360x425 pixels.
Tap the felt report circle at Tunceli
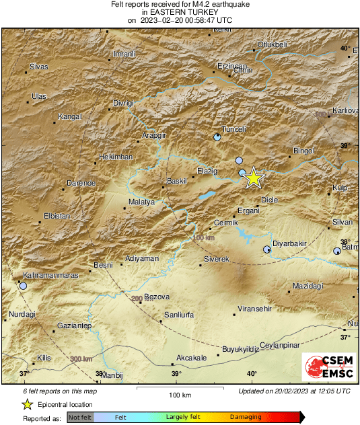click(x=217, y=137)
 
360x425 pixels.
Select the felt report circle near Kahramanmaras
click(x=23, y=286)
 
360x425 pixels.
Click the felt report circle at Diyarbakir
click(x=267, y=249)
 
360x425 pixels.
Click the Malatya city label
click(x=141, y=202)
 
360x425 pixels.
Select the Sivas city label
click(x=39, y=67)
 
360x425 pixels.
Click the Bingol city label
click(x=304, y=151)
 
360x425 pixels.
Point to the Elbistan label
click(x=57, y=216)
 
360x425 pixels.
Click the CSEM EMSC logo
click(x=325, y=369)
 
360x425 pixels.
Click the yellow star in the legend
click(x=27, y=404)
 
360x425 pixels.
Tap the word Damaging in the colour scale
click(x=246, y=417)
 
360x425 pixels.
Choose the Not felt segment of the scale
click(x=80, y=418)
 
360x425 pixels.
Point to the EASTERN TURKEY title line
click(x=180, y=13)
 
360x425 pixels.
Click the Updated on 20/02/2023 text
click(x=294, y=391)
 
